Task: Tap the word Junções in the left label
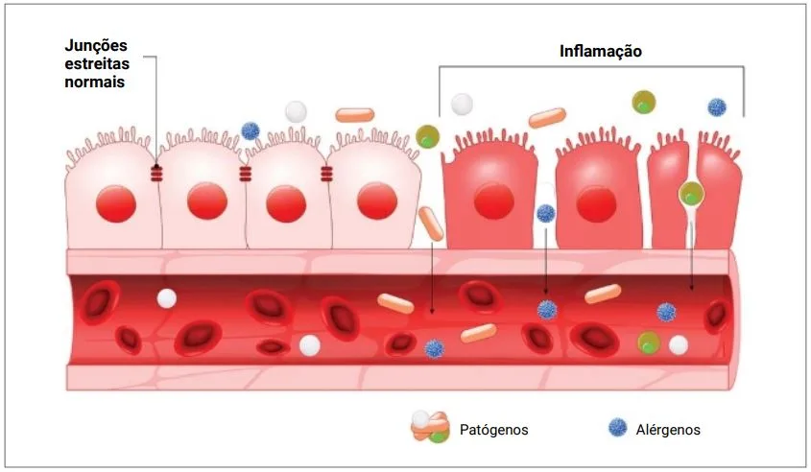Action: point(96,45)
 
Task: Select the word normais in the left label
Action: point(95,83)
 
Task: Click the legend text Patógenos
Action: point(494,430)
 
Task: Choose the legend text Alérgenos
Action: point(668,430)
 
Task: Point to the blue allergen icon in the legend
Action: point(617,429)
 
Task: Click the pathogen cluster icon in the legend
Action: point(432,427)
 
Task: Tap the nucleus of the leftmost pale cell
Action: point(116,201)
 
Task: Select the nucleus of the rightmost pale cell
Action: point(376,201)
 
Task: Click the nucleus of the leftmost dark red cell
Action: point(495,201)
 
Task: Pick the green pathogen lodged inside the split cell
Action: point(691,194)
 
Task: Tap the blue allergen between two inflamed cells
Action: point(546,213)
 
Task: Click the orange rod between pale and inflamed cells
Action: point(431,224)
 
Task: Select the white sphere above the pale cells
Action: point(297,111)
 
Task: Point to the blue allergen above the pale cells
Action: point(250,130)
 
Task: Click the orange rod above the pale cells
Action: point(354,115)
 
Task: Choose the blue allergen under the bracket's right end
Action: point(716,106)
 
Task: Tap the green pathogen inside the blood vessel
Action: point(650,342)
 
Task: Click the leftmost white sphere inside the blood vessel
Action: point(167,298)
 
